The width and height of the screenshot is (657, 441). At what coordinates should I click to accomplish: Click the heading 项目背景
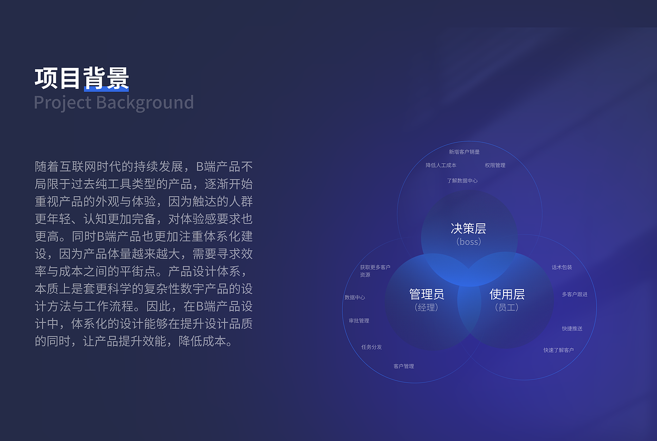pos(82,79)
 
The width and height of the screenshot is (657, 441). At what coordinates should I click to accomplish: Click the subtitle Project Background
pos(113,103)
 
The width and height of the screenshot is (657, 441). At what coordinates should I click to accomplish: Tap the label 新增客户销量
pos(464,152)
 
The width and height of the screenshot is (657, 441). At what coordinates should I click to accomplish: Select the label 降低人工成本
pos(441,165)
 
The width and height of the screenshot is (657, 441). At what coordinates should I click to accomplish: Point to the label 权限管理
pos(495,165)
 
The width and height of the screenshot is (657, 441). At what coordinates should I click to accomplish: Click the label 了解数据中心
pos(462,181)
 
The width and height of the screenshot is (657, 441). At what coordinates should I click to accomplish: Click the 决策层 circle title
pos(468,228)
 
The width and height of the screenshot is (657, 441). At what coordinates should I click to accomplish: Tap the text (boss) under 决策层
pos(469,242)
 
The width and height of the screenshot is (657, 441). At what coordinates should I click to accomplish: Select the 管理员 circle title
pos(427,294)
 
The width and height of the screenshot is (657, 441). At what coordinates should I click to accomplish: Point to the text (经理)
pos(427,308)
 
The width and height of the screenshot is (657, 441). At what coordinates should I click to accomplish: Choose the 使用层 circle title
pos(507,294)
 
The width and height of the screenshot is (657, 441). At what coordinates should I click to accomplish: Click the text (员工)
pos(507,308)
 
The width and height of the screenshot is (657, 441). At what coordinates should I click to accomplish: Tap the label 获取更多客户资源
pos(375,271)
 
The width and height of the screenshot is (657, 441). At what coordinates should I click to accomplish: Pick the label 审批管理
pos(359,321)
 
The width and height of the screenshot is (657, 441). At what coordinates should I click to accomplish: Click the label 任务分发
pos(372,347)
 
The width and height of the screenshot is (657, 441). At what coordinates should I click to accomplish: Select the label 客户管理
pos(403,367)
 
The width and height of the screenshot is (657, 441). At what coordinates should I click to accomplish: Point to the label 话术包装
pos(562,267)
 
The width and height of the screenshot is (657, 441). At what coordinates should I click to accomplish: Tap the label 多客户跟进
pos(574,295)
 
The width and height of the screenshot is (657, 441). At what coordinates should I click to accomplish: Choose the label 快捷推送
pos(572,329)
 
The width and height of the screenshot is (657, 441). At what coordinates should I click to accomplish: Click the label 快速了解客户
pos(558,350)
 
